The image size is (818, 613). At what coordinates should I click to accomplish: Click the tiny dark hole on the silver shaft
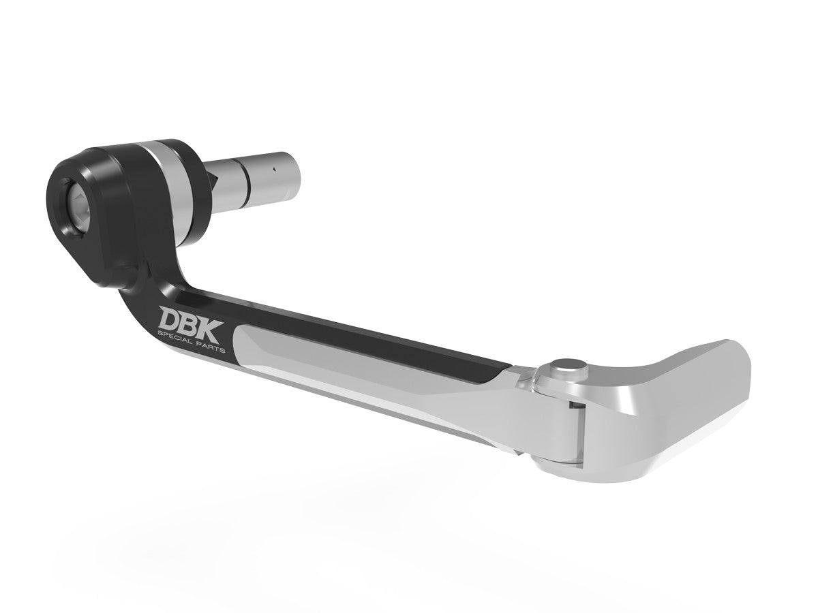point(272,168)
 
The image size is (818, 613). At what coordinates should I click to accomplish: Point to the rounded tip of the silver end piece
point(740,368)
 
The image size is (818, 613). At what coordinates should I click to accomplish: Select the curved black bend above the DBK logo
point(147,279)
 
